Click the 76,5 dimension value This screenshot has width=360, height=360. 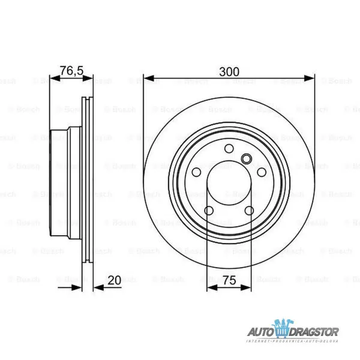71,71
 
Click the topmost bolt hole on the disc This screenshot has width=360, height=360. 229,150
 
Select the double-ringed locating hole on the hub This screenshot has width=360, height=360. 246,158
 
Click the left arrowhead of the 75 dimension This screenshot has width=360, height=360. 210,287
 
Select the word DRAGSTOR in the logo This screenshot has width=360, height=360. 316,332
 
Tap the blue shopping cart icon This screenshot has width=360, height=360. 282,329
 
